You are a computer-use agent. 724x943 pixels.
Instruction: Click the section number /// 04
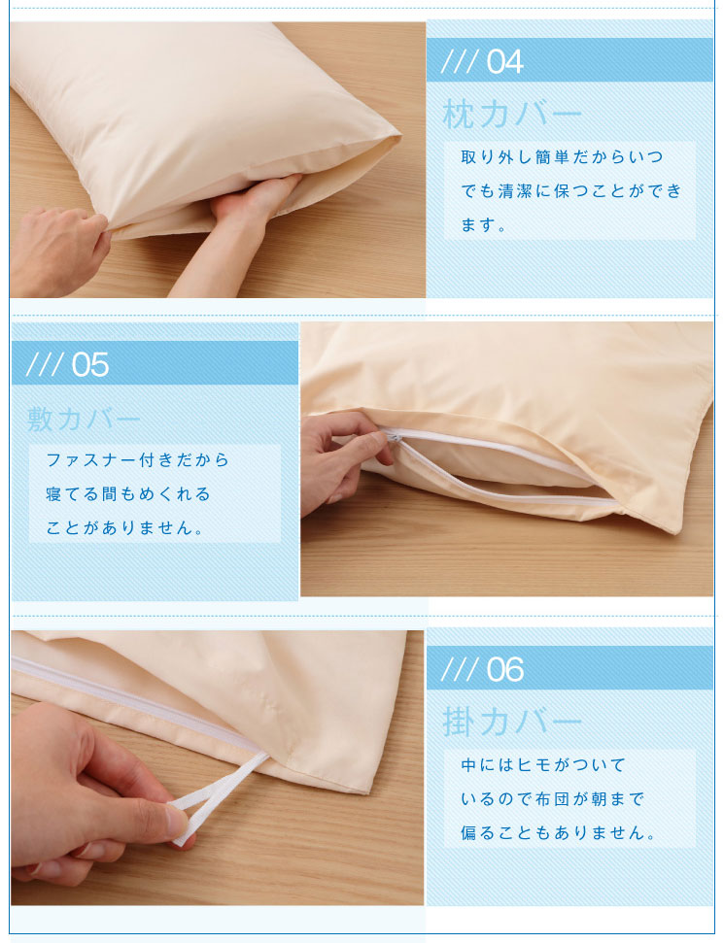click(x=482, y=61)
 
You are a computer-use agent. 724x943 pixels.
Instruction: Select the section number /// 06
click(x=482, y=669)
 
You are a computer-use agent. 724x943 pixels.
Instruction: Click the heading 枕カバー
click(x=512, y=115)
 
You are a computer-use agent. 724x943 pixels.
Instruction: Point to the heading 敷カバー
click(x=86, y=420)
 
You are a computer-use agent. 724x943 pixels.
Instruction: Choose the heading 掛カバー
click(x=512, y=722)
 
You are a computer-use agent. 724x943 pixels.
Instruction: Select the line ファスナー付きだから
click(x=138, y=459)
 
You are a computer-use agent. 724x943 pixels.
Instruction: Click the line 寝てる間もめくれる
click(x=128, y=494)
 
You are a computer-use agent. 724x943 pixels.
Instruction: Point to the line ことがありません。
click(x=125, y=528)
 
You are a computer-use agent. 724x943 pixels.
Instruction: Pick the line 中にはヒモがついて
click(x=544, y=765)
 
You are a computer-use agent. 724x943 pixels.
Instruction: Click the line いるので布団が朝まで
click(x=553, y=799)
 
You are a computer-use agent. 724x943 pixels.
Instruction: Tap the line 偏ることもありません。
click(x=559, y=833)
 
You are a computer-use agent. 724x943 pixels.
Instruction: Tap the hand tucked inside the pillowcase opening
click(x=253, y=204)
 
